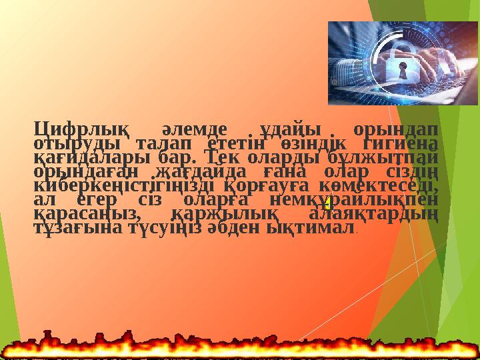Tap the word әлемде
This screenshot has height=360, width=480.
tap(195, 128)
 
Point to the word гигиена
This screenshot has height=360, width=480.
tap(398, 143)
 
